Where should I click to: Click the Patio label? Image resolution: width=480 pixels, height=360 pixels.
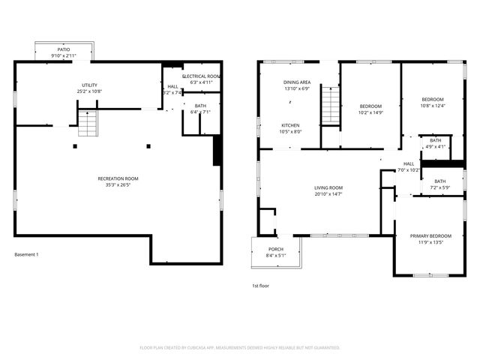pyautogui.click(x=64, y=49)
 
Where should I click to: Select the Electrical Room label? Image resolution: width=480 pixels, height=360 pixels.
pyautogui.click(x=201, y=76)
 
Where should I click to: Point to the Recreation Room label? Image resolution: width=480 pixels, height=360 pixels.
pyautogui.click(x=118, y=178)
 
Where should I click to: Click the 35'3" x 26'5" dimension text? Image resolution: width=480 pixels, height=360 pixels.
pyautogui.click(x=118, y=184)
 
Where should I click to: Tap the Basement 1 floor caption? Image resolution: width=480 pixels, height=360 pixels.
pyautogui.click(x=26, y=254)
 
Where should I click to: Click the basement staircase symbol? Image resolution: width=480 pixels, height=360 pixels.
pyautogui.click(x=88, y=122)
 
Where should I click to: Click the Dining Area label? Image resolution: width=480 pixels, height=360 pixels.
pyautogui.click(x=296, y=82)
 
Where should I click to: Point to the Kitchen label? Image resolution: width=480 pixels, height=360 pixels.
pyautogui.click(x=291, y=125)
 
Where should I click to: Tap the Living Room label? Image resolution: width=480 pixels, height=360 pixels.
pyautogui.click(x=328, y=187)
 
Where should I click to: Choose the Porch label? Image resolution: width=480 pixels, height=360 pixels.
pyautogui.click(x=274, y=250)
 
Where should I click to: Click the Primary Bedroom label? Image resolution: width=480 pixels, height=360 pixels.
pyautogui.click(x=430, y=236)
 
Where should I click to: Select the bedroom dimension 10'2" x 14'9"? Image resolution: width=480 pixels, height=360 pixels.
pyautogui.click(x=370, y=112)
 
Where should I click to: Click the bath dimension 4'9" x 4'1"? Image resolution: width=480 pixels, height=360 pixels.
pyautogui.click(x=436, y=146)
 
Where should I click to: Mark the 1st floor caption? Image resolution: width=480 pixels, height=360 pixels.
pyautogui.click(x=260, y=286)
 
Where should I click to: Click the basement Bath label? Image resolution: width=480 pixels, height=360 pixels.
pyautogui.click(x=200, y=106)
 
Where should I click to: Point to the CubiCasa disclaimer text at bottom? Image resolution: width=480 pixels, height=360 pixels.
pyautogui.click(x=240, y=347)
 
